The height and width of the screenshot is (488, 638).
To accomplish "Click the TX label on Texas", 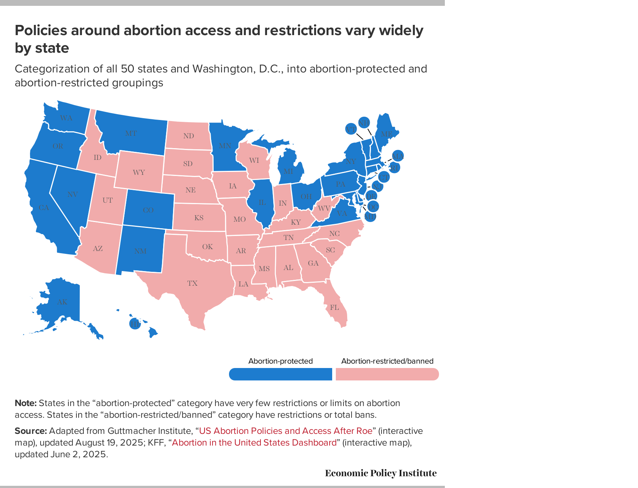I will (192, 283).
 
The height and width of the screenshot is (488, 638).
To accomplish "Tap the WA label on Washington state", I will (66, 118).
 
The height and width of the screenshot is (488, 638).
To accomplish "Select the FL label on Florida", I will (334, 307).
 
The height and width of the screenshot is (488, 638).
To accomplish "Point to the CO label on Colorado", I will (148, 210).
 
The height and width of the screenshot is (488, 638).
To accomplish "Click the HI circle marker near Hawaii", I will (135, 324).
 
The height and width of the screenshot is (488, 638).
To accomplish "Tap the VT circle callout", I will (350, 129).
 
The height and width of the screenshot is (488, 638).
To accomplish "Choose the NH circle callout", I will (364, 123).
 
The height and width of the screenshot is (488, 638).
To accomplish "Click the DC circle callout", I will (372, 207).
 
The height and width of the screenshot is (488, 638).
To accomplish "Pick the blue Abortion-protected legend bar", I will (281, 374).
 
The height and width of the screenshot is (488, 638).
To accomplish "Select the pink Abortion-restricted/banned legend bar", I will (387, 374).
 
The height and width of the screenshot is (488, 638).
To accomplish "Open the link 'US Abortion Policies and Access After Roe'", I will (285, 431).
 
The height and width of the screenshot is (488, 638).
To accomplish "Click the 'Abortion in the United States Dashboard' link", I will (254, 442).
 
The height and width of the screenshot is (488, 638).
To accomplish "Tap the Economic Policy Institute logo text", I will (380, 473).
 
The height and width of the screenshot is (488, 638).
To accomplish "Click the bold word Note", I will (26, 403).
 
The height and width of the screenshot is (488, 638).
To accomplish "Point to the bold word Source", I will (30, 431).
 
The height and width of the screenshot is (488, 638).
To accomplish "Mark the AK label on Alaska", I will (62, 302).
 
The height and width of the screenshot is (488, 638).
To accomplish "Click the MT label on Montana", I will (131, 133).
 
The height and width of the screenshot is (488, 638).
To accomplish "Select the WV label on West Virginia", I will (324, 209).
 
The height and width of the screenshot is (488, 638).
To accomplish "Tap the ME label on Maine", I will (387, 134).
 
